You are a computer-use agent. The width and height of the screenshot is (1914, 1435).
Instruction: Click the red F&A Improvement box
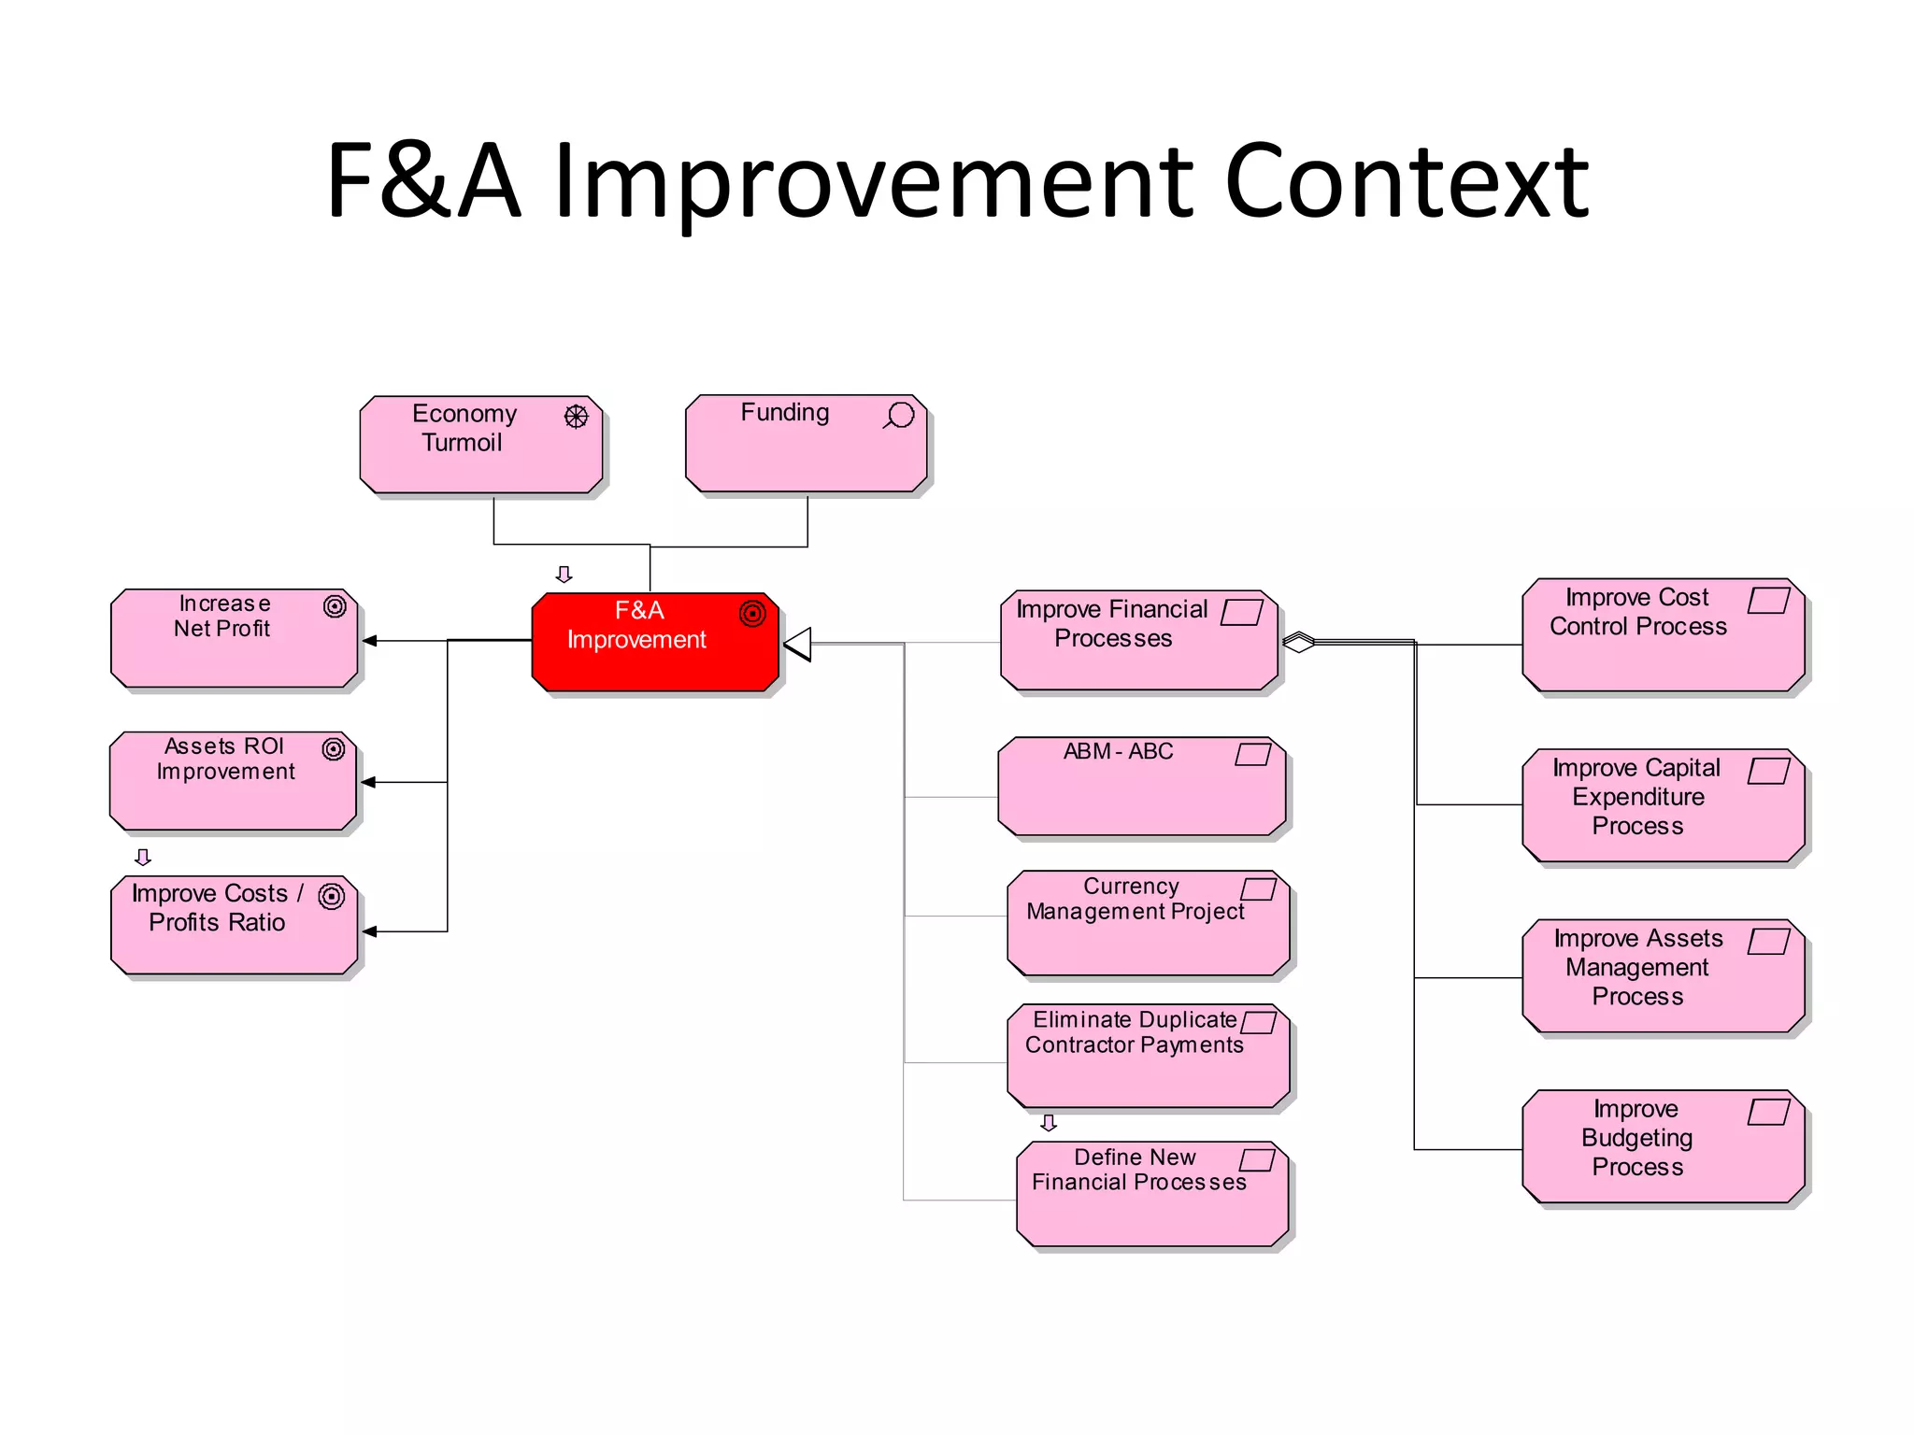tap(654, 643)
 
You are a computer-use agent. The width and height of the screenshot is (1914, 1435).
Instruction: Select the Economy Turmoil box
tap(480, 445)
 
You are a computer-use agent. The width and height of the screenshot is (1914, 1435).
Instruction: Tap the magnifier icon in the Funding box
tap(899, 415)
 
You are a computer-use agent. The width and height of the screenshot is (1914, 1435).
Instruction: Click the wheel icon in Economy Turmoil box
tap(576, 417)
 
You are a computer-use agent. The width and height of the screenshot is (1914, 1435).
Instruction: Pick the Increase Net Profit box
tap(234, 639)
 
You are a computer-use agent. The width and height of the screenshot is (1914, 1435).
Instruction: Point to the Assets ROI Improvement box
tap(233, 781)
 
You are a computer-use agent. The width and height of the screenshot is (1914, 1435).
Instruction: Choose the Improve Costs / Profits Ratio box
tap(234, 925)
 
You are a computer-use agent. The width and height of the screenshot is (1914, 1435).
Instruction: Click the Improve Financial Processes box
tap(1138, 641)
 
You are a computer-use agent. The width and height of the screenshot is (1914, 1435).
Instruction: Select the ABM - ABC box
tap(1141, 786)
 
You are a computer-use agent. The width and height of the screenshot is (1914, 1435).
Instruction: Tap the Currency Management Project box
tap(1148, 923)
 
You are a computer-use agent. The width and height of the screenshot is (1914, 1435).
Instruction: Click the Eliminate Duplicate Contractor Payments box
tap(1148, 1057)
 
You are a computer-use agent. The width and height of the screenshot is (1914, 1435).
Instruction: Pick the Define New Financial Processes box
tap(1151, 1194)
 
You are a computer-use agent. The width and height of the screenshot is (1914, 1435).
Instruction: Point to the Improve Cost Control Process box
tap(1663, 635)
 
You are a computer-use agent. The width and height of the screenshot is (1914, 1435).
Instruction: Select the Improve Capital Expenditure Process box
tap(1663, 805)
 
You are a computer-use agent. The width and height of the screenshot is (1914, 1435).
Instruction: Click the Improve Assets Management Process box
tap(1663, 976)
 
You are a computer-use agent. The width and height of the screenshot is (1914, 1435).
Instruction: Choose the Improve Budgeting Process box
tap(1663, 1146)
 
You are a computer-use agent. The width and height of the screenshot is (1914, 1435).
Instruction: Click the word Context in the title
tap(1406, 181)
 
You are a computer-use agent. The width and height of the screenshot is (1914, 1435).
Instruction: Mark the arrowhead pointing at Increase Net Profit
tap(370, 641)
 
